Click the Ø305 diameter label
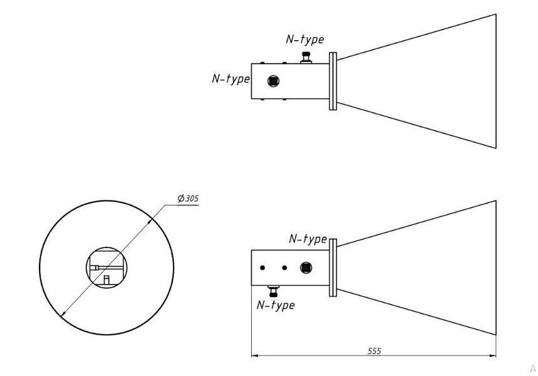point(188,198)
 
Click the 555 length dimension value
point(375,351)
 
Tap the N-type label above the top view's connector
point(304,39)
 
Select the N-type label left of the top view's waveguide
point(231,78)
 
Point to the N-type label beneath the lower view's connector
point(276,305)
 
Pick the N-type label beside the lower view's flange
point(308,238)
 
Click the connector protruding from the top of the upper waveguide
point(306,58)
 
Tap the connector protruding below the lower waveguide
point(274,291)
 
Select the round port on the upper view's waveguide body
point(274,81)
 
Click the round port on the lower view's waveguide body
point(306,268)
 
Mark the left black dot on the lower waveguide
point(262,268)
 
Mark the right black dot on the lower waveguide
point(284,268)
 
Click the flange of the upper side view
point(333,81)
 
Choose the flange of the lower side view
point(333,268)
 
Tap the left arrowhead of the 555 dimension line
point(254,356)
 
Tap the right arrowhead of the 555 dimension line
point(493,356)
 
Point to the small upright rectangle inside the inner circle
point(106,279)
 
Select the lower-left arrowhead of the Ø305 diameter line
point(63,313)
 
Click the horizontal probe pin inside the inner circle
point(106,268)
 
